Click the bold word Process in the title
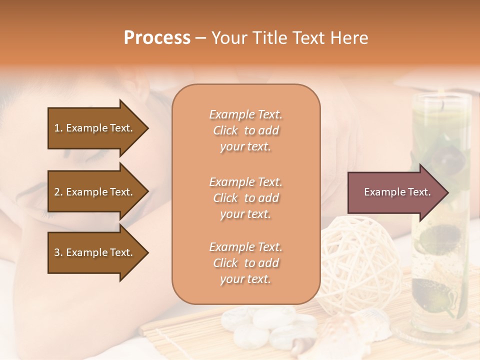point(157,37)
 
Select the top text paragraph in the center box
point(245,130)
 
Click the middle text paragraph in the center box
point(245,198)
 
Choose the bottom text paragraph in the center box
point(245,263)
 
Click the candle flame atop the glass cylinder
point(442,104)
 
